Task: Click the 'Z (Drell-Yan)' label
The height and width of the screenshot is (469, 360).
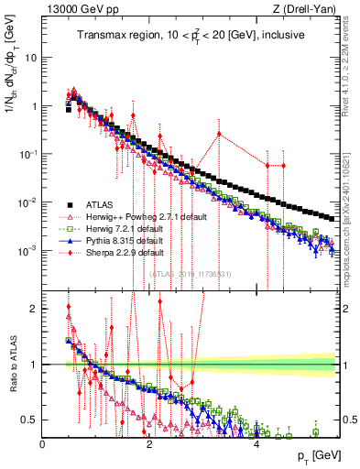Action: [309, 9]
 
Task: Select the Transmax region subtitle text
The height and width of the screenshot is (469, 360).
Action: [191, 35]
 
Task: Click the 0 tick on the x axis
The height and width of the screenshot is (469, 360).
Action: [42, 444]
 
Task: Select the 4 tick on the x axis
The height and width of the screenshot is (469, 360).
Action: [256, 444]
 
